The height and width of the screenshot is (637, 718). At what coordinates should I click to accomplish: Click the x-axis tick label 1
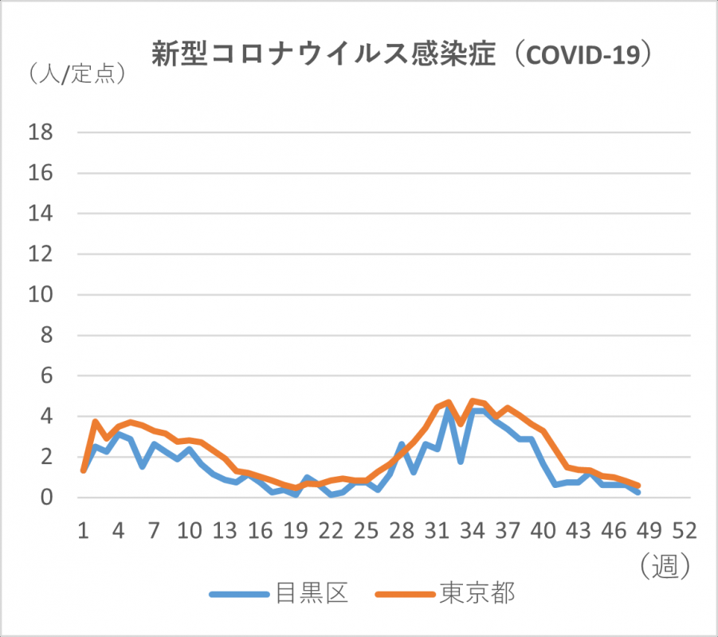point(83,532)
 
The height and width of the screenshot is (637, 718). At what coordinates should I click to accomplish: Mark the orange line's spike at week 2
point(95,422)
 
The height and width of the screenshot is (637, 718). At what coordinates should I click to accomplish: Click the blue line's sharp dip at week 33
point(461,462)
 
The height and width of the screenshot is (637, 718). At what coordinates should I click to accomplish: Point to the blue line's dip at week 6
point(142,466)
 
